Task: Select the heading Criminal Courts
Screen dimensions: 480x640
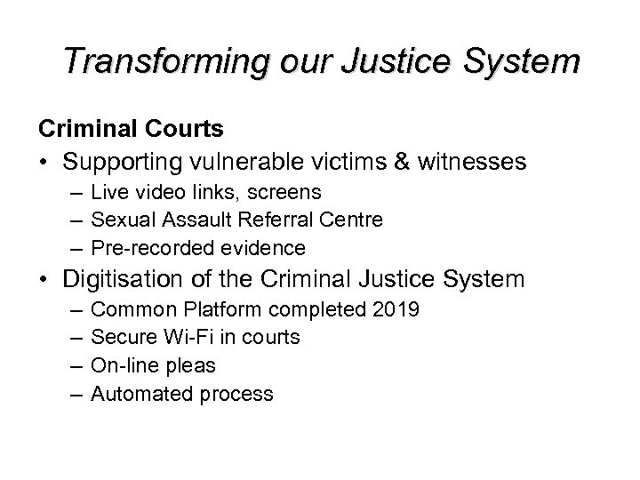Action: pos(130,130)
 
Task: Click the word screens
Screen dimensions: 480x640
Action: pos(286,193)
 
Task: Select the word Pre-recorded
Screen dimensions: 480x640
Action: pos(145,247)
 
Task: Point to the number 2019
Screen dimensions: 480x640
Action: pos(397,311)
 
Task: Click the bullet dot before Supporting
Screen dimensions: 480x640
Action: pos(44,164)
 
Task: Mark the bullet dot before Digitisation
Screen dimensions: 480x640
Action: pos(44,281)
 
